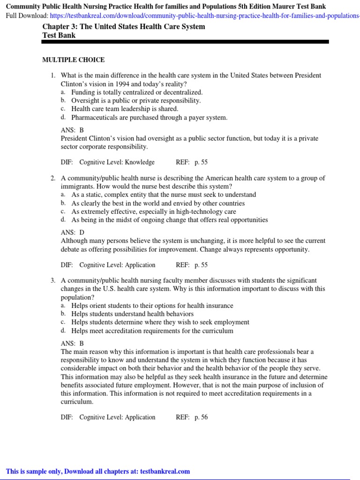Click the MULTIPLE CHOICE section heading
(x=74, y=60)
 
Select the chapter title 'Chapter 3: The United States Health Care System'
(x=123, y=26)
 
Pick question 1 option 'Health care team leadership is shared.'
(x=125, y=109)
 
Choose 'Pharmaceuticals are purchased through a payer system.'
(x=149, y=118)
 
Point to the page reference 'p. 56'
(x=201, y=417)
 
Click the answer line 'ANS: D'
(x=72, y=232)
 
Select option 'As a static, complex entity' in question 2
(x=164, y=195)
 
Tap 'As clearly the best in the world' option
(x=158, y=203)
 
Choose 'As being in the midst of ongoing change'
(x=170, y=219)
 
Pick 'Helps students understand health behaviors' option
(x=133, y=314)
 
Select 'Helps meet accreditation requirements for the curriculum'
(x=152, y=331)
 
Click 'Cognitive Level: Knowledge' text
(x=117, y=162)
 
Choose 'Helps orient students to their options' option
(x=152, y=306)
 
